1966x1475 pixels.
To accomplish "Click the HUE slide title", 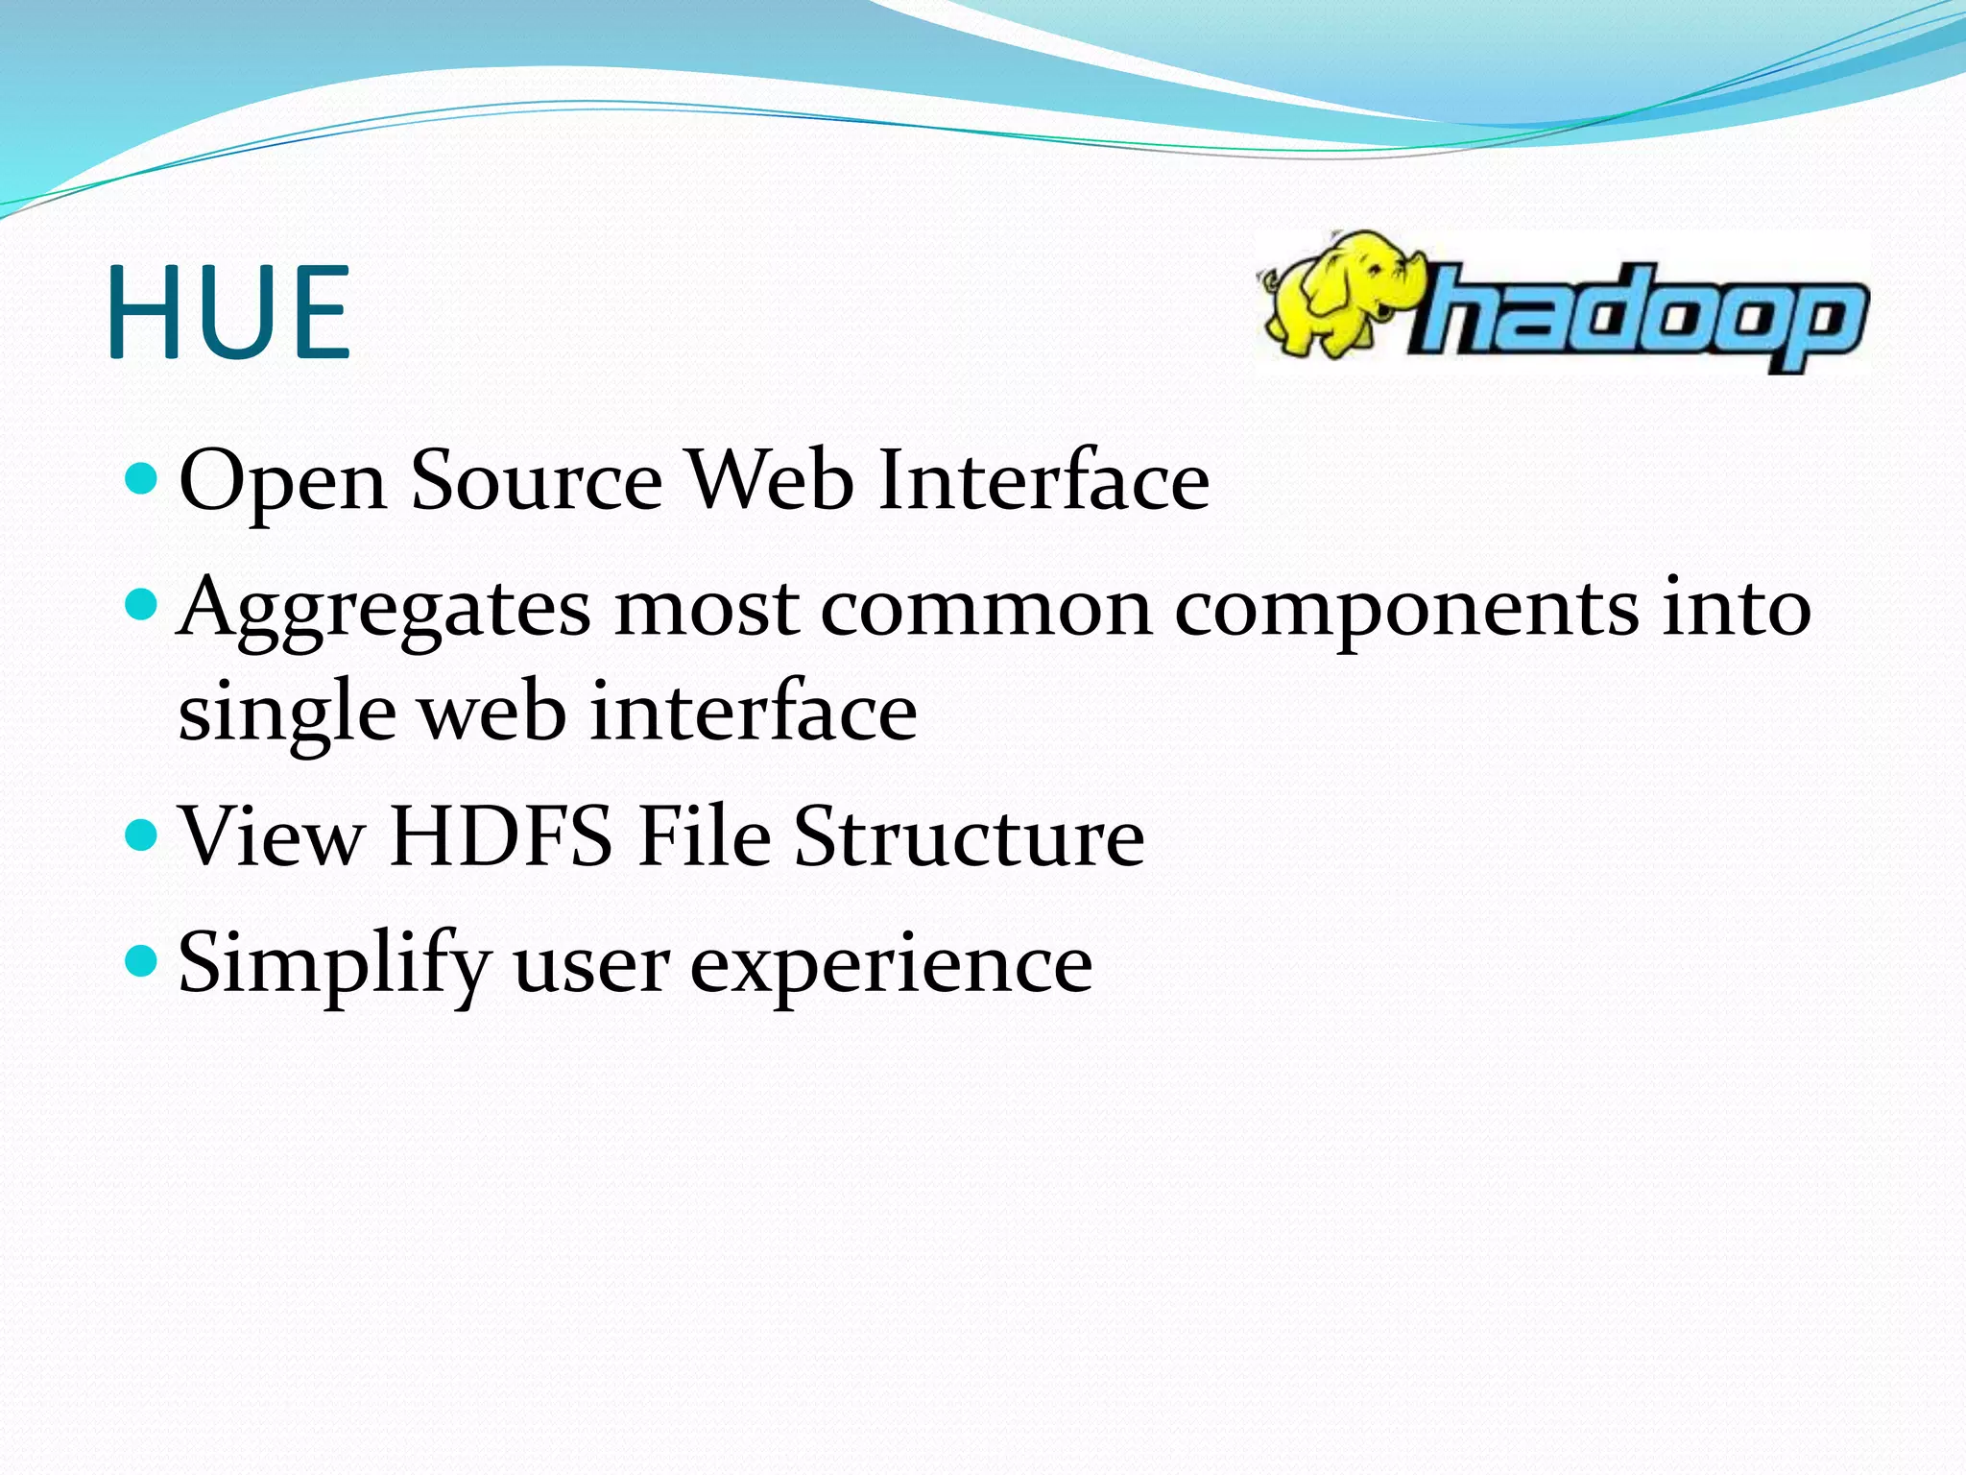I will (228, 313).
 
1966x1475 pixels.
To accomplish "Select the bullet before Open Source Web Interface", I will (141, 477).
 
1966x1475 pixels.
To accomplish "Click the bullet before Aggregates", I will (141, 605).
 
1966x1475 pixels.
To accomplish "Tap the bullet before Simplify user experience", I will (141, 960).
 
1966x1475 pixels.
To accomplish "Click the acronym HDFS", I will (501, 836).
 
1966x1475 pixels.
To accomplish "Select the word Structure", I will (970, 836).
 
